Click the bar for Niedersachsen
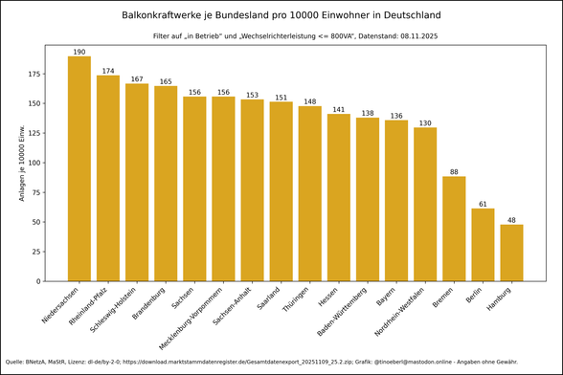(x=79, y=168)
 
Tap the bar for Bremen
(x=454, y=229)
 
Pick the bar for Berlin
(x=483, y=245)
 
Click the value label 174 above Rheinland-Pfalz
(x=108, y=71)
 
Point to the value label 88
(x=454, y=172)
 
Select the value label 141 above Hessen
(x=339, y=110)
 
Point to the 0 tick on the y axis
(x=40, y=281)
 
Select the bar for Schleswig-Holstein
(x=137, y=182)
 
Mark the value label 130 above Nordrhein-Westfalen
(x=425, y=123)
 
